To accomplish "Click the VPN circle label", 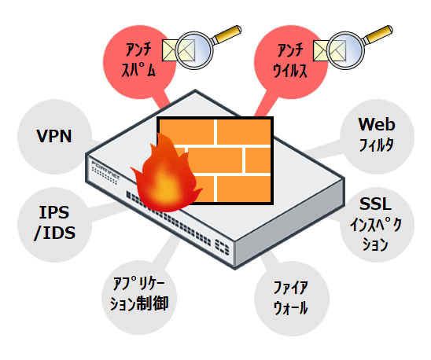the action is [x=54, y=136].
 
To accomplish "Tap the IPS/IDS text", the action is [x=54, y=223].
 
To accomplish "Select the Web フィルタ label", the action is [x=377, y=134].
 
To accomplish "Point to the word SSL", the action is [x=375, y=204].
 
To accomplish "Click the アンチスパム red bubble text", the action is [x=138, y=60].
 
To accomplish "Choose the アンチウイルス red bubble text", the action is [x=289, y=61].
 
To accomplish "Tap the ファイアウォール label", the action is [x=291, y=298].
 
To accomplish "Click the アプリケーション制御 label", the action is [x=139, y=294].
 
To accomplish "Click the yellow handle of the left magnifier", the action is [x=227, y=34].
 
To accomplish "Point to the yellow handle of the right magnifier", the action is [x=378, y=34].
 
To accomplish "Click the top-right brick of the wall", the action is [x=244, y=132].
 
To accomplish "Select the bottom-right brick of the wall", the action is [x=244, y=189].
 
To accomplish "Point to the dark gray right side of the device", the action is [x=289, y=222].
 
